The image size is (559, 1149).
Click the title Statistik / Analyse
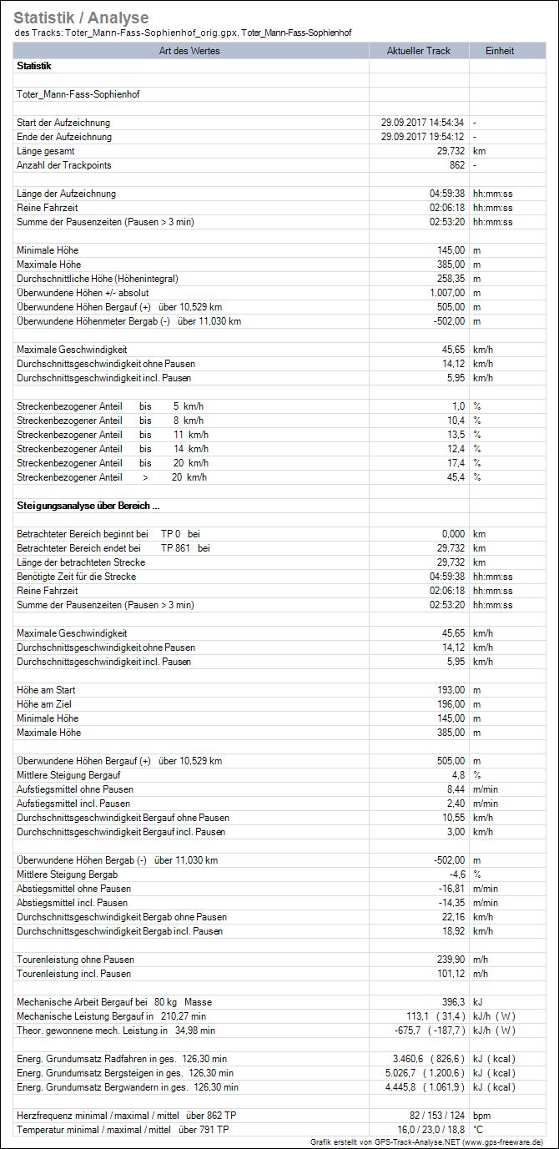click(81, 18)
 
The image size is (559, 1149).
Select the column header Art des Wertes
click(192, 51)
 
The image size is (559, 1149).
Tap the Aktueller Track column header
click(419, 51)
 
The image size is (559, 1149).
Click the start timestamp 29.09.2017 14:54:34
click(422, 123)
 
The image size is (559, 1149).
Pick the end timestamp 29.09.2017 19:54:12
click(422, 137)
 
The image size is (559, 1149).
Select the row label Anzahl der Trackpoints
click(63, 165)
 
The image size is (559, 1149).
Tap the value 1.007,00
click(442, 293)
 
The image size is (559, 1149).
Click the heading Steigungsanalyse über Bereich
click(88, 506)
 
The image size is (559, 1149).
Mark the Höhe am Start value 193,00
click(447, 690)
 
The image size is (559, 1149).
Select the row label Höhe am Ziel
click(46, 704)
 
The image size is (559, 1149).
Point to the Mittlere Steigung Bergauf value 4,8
click(457, 775)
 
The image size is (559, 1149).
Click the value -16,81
click(449, 889)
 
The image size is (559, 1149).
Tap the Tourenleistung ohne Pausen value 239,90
click(447, 960)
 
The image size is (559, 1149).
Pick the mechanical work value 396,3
click(451, 1002)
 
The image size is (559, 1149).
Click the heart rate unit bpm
click(481, 1116)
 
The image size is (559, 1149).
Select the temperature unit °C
click(478, 1130)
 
